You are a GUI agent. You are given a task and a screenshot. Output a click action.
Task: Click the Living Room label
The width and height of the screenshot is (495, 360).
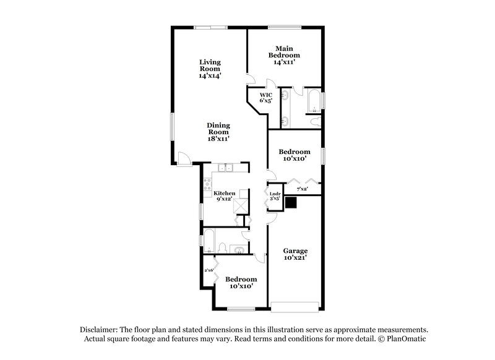pyautogui.click(x=210, y=68)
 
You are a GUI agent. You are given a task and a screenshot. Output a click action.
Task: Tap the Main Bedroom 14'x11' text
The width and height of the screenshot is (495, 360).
pyautogui.click(x=284, y=55)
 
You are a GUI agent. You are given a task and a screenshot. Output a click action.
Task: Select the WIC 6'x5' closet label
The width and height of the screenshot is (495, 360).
pyautogui.click(x=265, y=98)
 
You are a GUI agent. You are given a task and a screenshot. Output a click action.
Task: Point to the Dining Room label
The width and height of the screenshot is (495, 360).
pyautogui.click(x=218, y=132)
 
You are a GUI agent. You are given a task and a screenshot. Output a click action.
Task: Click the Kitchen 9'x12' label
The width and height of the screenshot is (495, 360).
pyautogui.click(x=224, y=196)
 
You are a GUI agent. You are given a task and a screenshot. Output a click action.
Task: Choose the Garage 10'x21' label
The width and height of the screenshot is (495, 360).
pyautogui.click(x=295, y=254)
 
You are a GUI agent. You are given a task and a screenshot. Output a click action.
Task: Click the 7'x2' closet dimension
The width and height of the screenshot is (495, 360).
pyautogui.click(x=303, y=189)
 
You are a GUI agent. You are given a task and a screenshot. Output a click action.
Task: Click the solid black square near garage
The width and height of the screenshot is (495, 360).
pyautogui.click(x=291, y=202)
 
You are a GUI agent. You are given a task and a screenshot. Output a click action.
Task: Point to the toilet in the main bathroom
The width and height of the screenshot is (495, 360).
pyautogui.click(x=316, y=119)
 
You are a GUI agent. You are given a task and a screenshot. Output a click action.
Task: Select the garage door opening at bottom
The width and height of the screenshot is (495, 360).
pyautogui.click(x=295, y=304)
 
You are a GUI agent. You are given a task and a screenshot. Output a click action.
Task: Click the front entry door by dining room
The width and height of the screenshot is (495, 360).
pyautogui.click(x=183, y=158)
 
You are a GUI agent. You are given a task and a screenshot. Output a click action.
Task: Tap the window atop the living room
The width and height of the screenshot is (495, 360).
pyautogui.click(x=205, y=27)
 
